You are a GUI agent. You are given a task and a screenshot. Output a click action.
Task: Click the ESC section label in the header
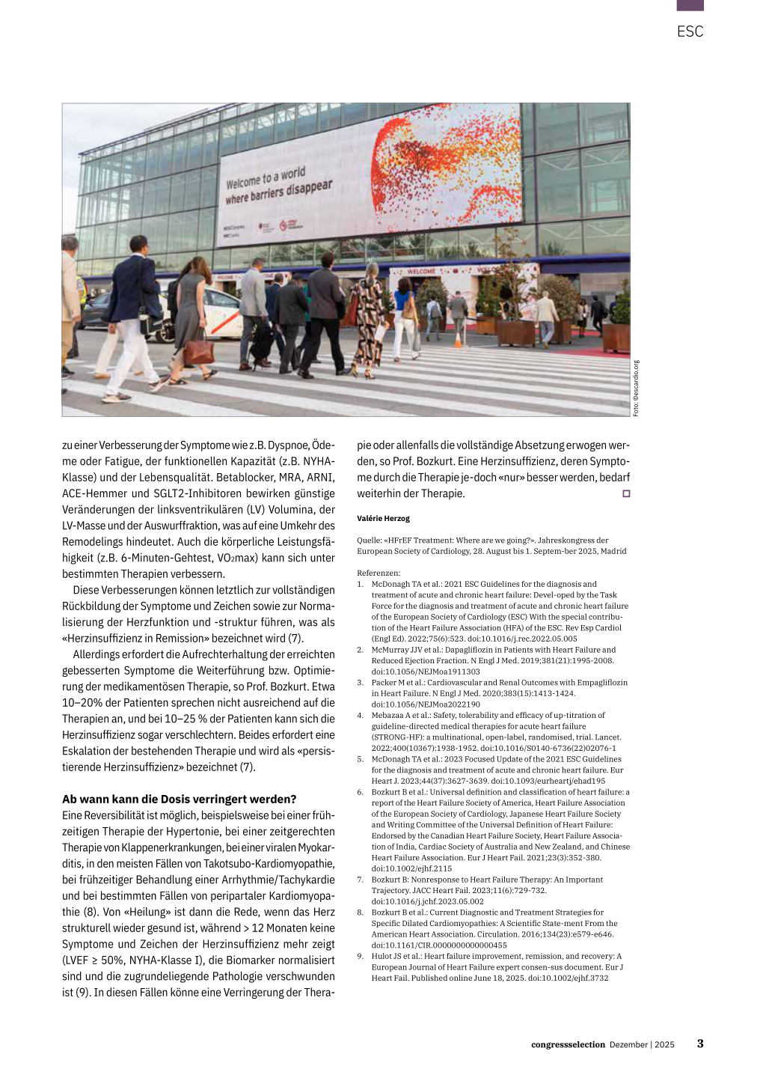pos(690,31)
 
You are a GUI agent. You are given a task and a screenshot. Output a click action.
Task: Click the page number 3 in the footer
pos(700,1044)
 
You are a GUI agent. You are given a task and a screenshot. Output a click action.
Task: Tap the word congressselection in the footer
pos(568,1044)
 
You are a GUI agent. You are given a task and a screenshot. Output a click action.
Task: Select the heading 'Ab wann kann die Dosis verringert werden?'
pos(180,799)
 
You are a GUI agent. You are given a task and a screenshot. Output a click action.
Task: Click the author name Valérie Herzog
pos(383,518)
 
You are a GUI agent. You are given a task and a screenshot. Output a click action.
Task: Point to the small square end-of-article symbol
pos(626,493)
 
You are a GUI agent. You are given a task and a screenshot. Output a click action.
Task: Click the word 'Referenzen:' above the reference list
pos(379,573)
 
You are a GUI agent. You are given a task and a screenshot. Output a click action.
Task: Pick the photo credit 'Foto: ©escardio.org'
pos(637,389)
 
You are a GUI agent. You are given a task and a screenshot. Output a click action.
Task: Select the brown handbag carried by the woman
pos(198,349)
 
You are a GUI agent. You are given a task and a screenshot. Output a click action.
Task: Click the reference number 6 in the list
pos(360,792)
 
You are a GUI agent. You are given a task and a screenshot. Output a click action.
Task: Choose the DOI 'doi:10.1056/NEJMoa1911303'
pos(426,672)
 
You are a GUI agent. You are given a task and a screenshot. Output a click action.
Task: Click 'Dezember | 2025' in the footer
pos(642,1044)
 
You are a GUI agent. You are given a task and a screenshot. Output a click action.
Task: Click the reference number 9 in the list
pos(360,956)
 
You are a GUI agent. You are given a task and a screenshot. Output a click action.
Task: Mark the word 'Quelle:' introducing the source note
pos(370,540)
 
